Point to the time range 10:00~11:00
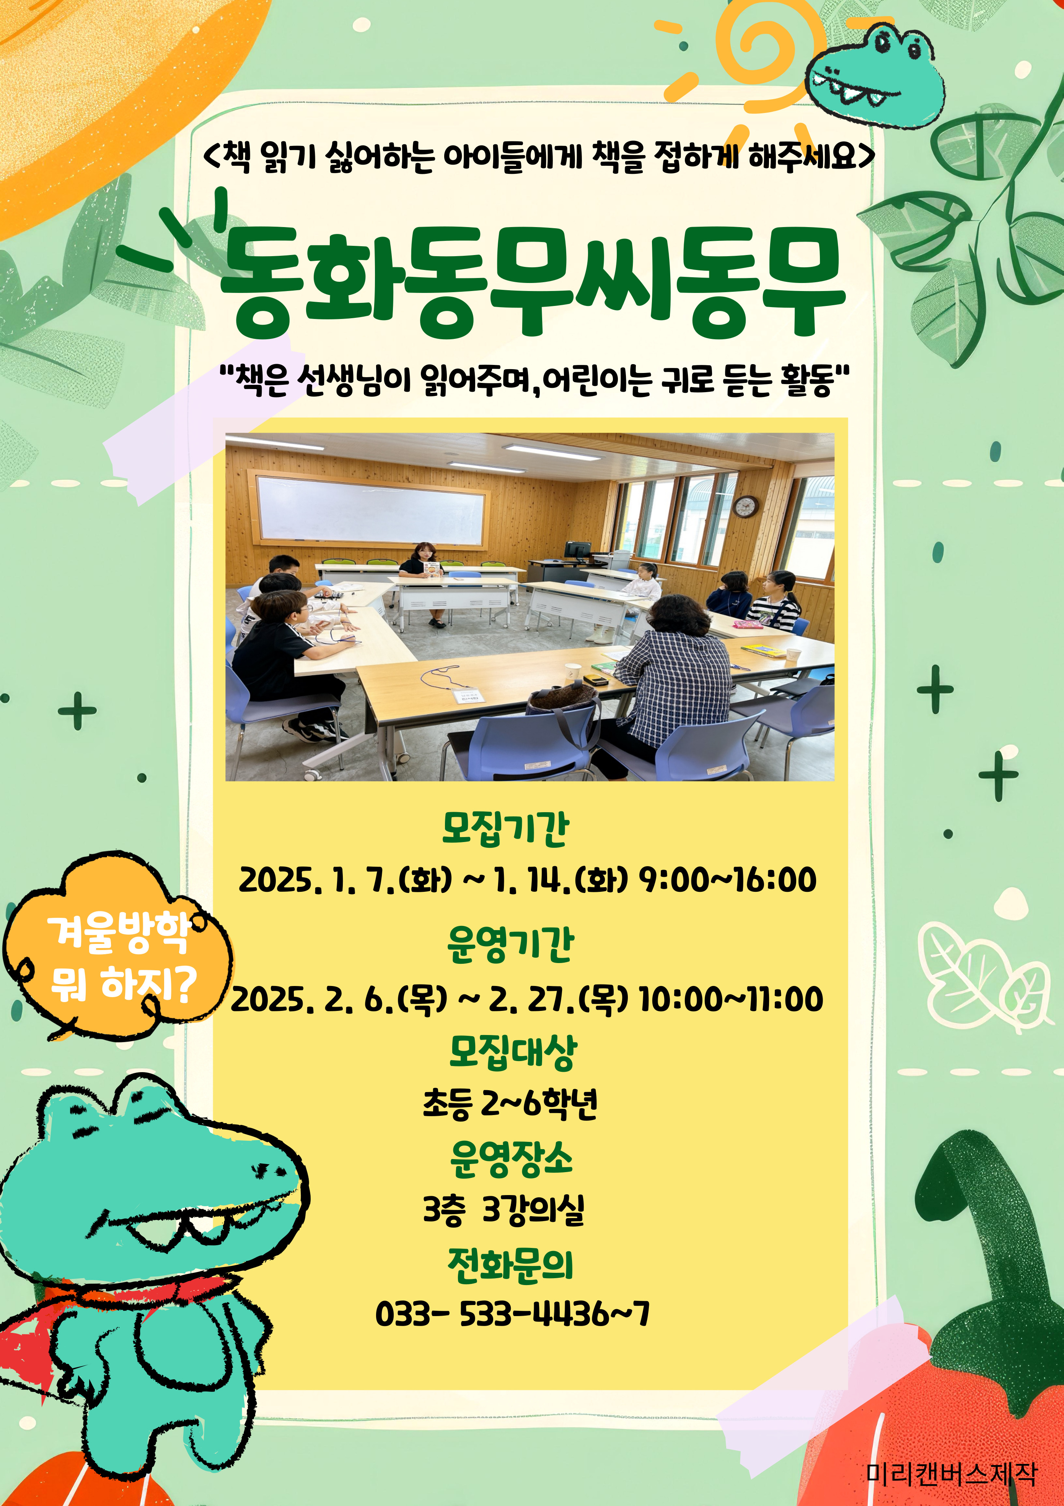click(731, 999)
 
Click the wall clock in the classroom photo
click(745, 506)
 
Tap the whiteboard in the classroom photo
click(372, 511)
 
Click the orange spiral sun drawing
click(761, 49)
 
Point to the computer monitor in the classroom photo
click(577, 549)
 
